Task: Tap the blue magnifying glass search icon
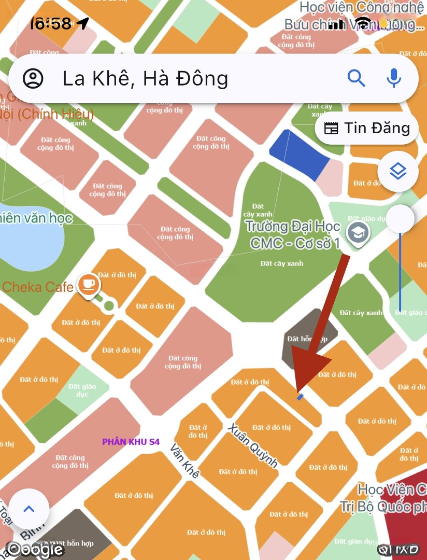point(357,78)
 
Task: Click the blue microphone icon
point(394,78)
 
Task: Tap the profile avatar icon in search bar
point(34,78)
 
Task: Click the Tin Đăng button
point(367,128)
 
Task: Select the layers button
point(397,171)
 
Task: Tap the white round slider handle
point(400,219)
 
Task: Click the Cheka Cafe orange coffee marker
point(89,284)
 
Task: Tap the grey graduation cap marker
point(357,233)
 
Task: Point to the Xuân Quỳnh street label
point(253,445)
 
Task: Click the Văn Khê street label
point(185,461)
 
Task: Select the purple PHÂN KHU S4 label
point(131,442)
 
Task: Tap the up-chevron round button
point(29,509)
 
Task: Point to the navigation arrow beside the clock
point(82,23)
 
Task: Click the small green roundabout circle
point(108,305)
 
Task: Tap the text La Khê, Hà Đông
point(145,78)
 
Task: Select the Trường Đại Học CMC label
point(293,234)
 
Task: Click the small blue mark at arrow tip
point(300,397)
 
